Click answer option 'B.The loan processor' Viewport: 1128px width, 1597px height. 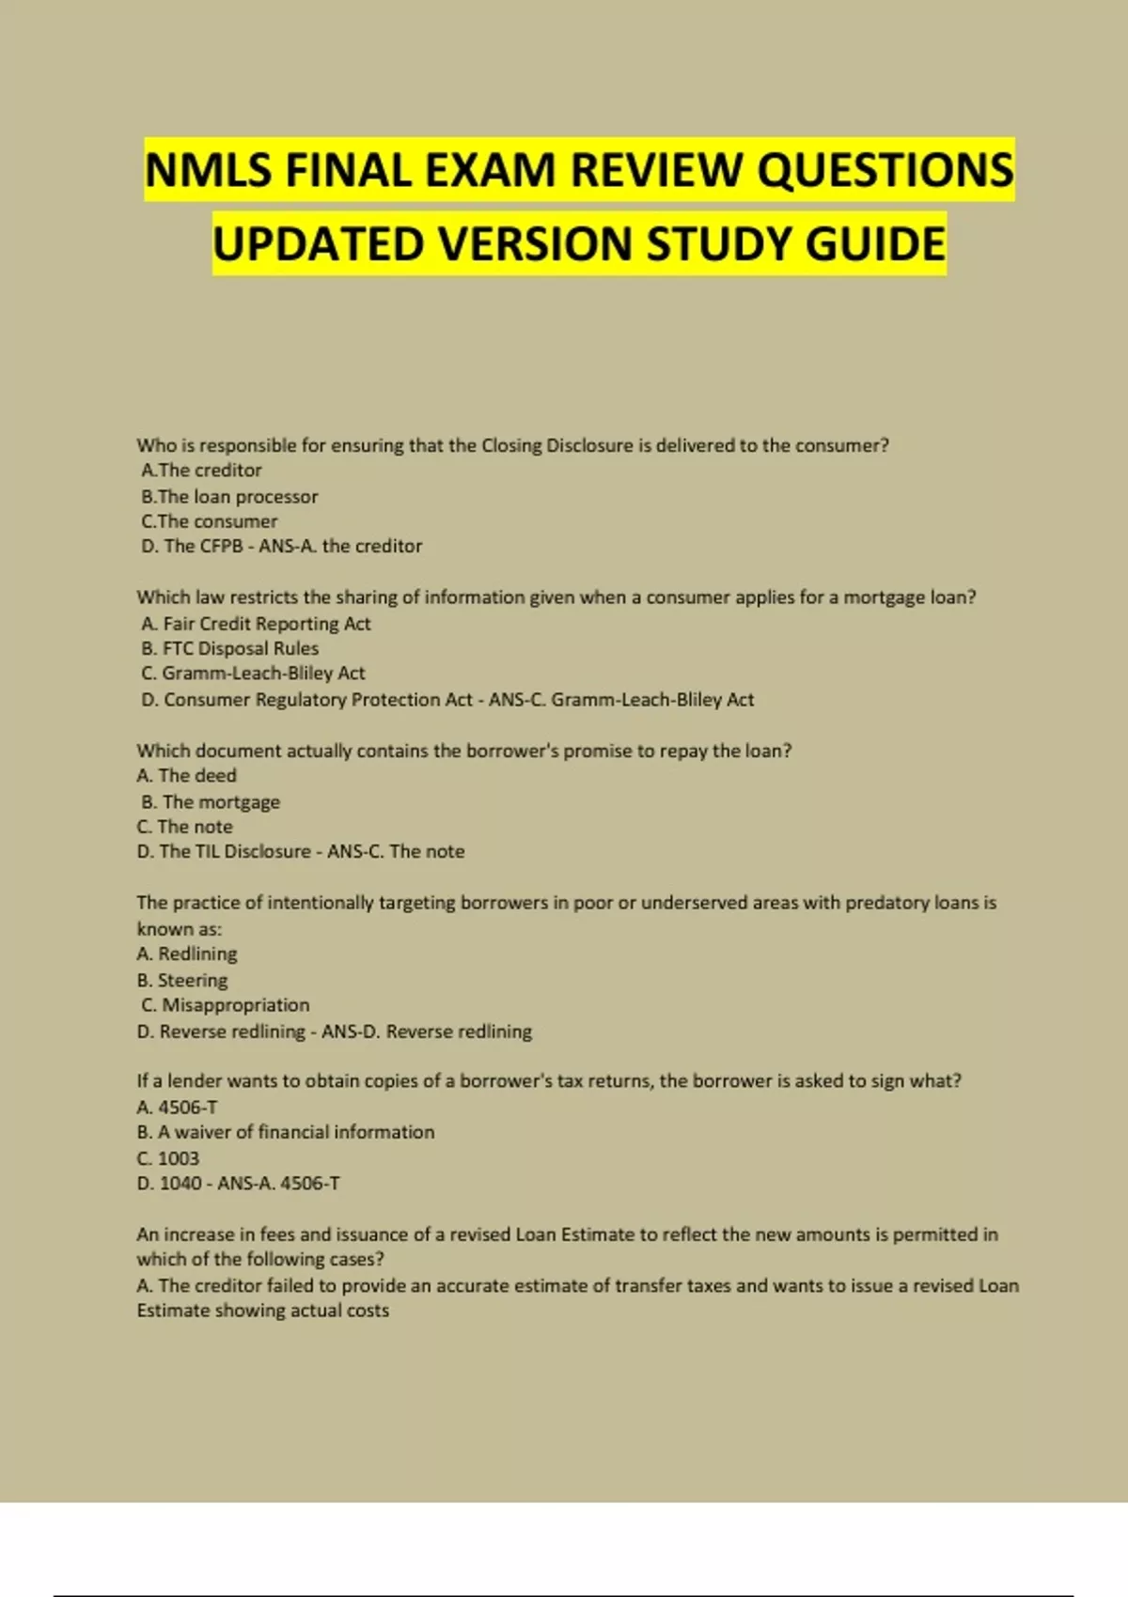[229, 496]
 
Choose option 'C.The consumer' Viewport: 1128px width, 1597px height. [210, 521]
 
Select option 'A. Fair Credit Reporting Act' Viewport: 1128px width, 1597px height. [256, 624]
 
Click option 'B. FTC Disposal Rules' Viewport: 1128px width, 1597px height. [229, 648]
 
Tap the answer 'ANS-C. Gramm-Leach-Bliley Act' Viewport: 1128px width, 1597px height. [620, 700]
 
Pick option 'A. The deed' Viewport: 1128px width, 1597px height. [186, 776]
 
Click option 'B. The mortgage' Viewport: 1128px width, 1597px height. [211, 802]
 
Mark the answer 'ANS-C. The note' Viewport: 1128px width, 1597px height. [396, 852]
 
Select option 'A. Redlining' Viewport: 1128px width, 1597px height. [186, 954]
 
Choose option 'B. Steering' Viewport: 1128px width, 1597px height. [181, 981]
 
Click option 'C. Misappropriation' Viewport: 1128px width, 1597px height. [225, 1005]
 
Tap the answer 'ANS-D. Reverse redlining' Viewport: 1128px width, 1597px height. [427, 1031]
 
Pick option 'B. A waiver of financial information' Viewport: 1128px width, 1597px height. [285, 1133]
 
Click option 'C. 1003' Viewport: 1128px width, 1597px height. [167, 1158]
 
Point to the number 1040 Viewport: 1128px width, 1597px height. [180, 1184]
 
